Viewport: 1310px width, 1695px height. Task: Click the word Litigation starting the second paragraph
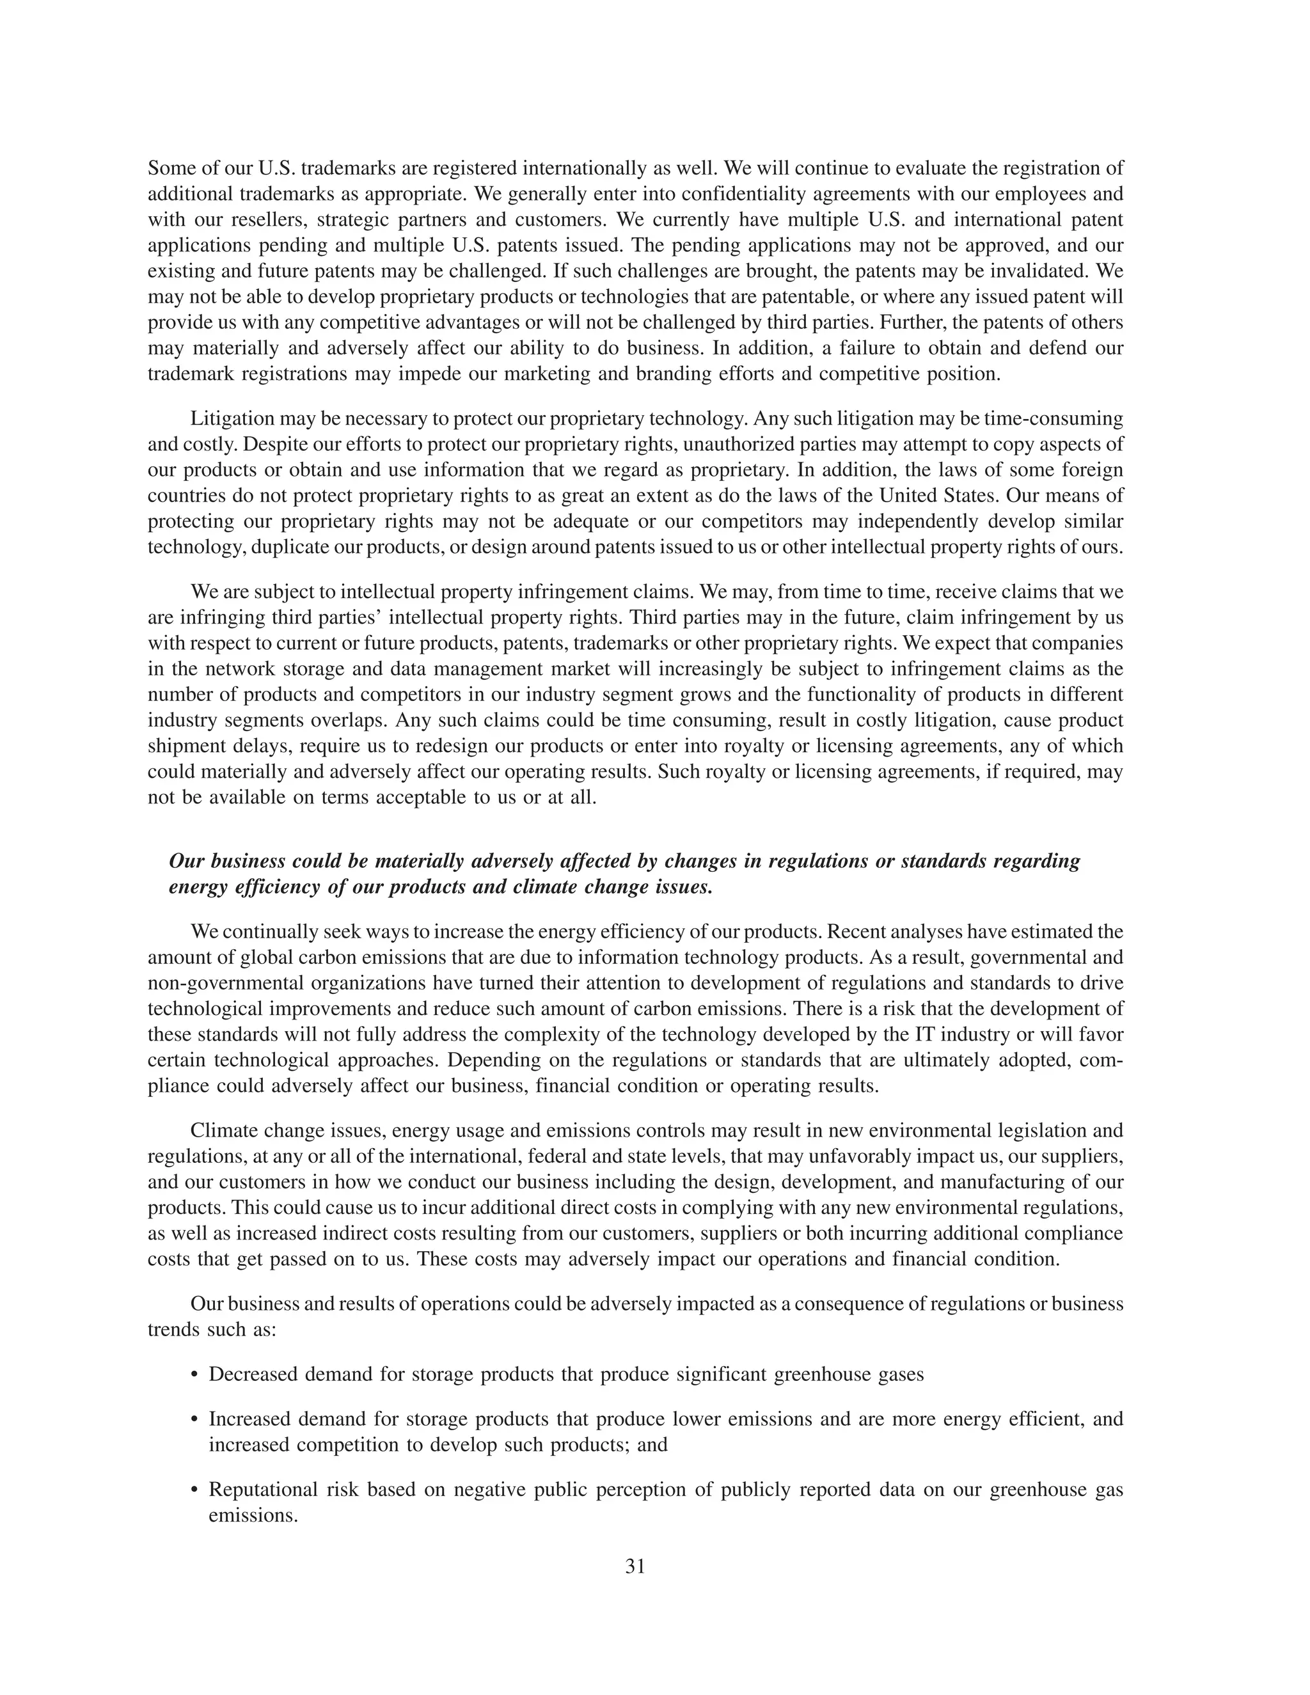pyautogui.click(x=232, y=419)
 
